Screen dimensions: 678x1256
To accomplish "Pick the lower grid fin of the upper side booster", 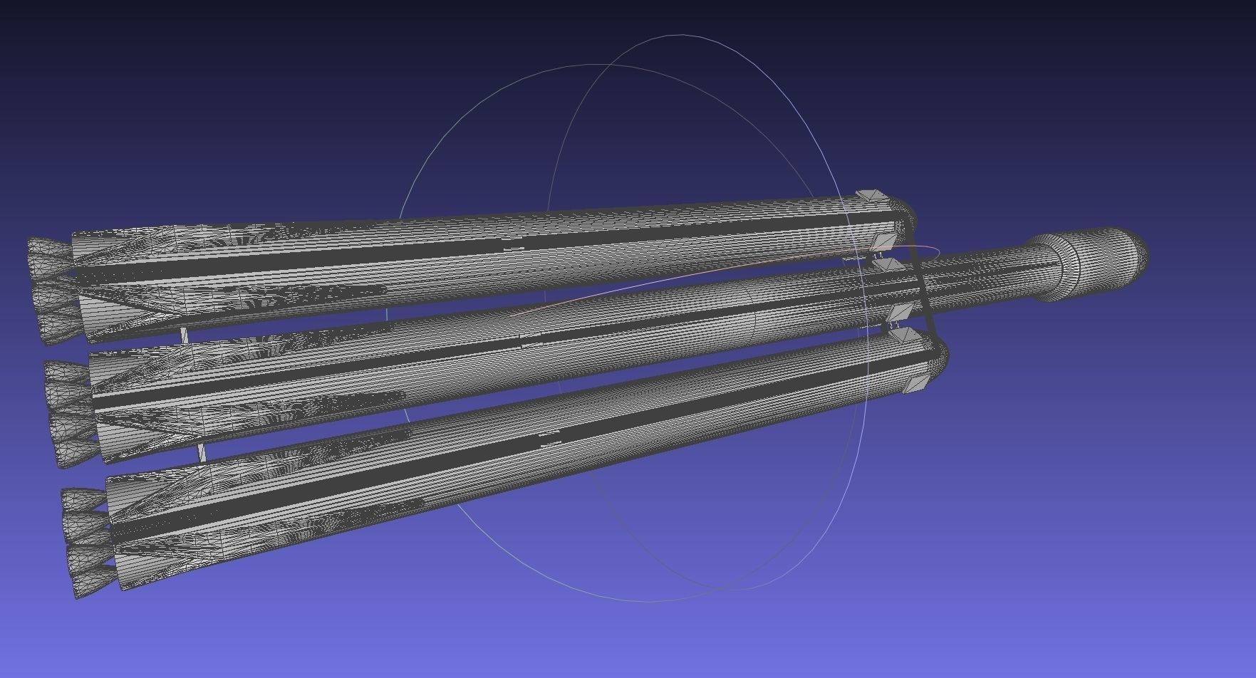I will click(886, 242).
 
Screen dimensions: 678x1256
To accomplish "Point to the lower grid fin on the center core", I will click(900, 313).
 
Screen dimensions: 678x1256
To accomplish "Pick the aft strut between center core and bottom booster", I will click(202, 452).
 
